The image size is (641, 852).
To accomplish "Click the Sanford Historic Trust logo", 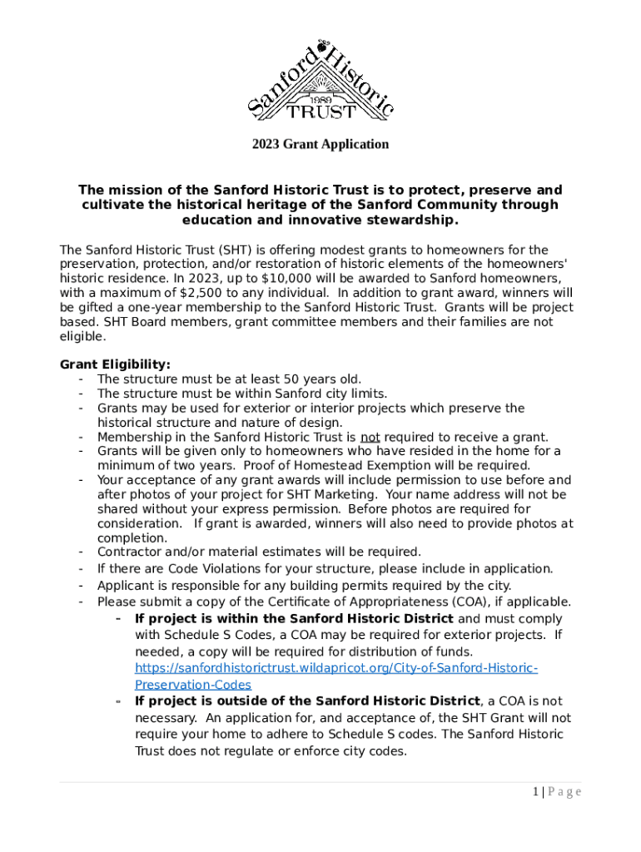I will [x=320, y=80].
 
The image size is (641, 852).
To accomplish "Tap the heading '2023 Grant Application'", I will [x=320, y=144].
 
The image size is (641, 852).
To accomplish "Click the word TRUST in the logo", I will [x=321, y=111].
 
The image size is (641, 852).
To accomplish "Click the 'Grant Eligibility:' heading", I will [x=115, y=364].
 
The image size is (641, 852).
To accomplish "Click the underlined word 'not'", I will [x=370, y=437].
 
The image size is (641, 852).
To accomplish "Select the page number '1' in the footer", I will [x=536, y=791].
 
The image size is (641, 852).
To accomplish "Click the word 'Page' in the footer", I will [x=565, y=791].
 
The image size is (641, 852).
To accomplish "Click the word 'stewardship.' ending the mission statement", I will [x=415, y=220].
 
